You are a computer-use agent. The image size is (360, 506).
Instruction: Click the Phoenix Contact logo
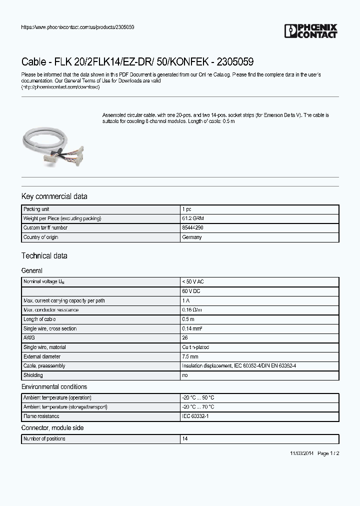click(310, 31)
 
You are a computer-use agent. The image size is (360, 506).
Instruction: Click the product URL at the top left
click(77, 27)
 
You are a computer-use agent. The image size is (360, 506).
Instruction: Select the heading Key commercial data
click(54, 196)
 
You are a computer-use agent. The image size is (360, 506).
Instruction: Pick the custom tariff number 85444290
click(192, 228)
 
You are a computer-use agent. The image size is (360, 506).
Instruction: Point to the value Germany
click(192, 237)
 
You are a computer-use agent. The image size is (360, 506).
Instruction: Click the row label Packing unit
click(36, 209)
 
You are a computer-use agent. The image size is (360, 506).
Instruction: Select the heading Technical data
click(44, 256)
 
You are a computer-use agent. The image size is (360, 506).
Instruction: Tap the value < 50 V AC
click(193, 282)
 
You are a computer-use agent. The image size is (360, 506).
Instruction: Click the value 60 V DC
click(191, 291)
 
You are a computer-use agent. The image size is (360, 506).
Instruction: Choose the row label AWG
click(28, 338)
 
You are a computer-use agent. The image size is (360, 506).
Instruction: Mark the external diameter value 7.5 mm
click(190, 357)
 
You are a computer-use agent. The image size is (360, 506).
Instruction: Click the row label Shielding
click(33, 375)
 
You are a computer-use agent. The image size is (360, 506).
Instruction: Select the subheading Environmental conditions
click(54, 387)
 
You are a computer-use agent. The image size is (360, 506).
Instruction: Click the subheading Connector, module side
click(52, 428)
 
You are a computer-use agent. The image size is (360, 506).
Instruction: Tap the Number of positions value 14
click(184, 439)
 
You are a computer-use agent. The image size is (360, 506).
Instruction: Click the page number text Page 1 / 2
click(328, 453)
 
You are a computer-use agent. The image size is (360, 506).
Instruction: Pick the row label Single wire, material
click(44, 347)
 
